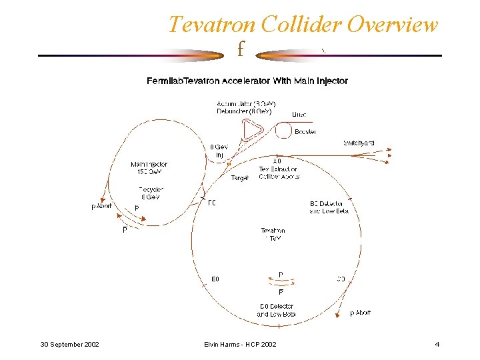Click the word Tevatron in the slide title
tap(211, 25)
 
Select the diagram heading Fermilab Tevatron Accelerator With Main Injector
tap(247, 81)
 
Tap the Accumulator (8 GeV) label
tap(246, 104)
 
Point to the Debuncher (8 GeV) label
tap(244, 111)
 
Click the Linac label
tap(299, 115)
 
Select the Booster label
tap(305, 132)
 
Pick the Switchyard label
tap(359, 143)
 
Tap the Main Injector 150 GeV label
tap(149, 167)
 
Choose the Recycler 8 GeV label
tap(150, 193)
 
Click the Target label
tap(240, 178)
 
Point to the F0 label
tap(212, 203)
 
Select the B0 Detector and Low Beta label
tap(329, 207)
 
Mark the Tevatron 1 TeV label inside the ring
tap(273, 234)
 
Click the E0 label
tap(215, 279)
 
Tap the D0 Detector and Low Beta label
tap(276, 310)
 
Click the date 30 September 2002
tap(69, 344)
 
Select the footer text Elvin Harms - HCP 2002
tap(240, 344)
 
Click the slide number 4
tap(437, 344)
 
